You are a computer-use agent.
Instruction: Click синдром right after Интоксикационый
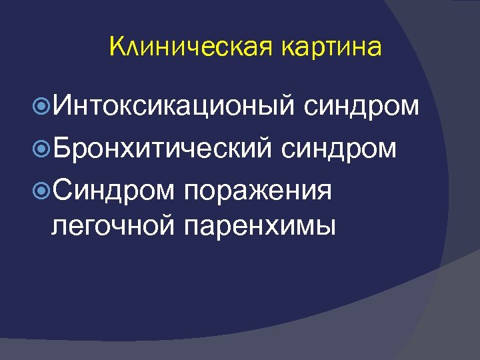click(x=363, y=105)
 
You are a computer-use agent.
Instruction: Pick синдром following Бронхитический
click(x=339, y=148)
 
